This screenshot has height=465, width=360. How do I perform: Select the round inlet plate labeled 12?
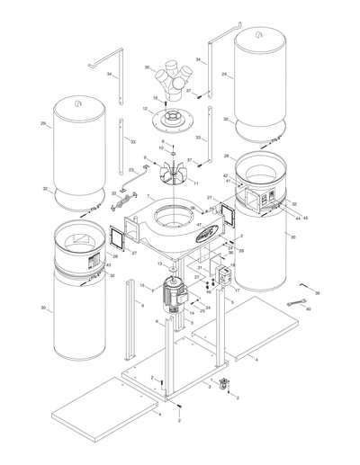pos(169,115)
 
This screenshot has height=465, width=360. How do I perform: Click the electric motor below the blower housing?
pos(171,298)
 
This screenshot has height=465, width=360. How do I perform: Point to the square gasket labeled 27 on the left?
pos(116,239)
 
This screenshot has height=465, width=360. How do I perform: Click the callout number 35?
pos(147,67)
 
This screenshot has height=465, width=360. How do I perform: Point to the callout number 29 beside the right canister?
pos(223,76)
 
